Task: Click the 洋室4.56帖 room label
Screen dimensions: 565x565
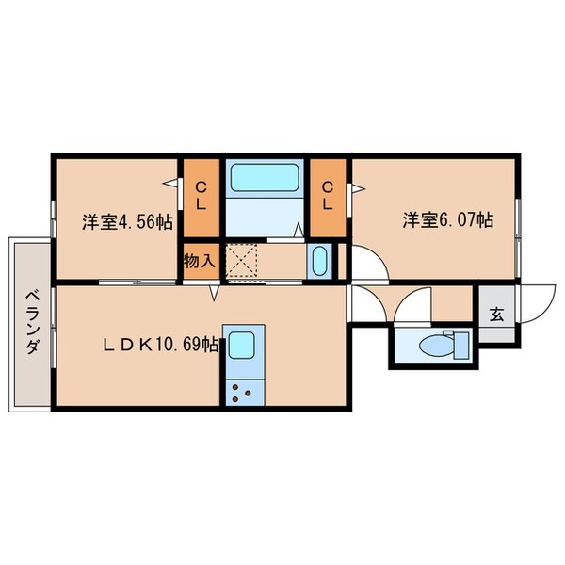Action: pos(127,221)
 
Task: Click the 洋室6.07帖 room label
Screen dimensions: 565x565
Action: pos(448,219)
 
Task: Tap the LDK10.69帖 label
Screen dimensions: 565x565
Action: pos(161,345)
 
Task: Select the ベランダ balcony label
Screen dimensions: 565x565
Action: pos(32,322)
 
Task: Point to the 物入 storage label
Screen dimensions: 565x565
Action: pos(200,261)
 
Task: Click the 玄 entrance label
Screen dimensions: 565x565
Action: pos(496,315)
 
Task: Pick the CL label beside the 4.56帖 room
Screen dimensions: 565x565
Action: pos(201,197)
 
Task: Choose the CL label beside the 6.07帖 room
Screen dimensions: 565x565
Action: pos(327,197)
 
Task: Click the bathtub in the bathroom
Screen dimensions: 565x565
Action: pos(265,178)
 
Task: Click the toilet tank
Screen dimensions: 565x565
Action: pos(460,346)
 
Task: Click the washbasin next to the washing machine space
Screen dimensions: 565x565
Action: pos(319,261)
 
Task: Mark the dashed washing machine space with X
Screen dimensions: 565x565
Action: pos(241,261)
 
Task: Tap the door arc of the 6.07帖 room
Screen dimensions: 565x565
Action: pos(379,254)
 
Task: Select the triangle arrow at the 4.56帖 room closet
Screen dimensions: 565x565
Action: pos(170,183)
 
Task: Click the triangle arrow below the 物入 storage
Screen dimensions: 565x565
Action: pos(215,293)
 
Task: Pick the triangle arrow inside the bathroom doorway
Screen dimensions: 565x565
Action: pos(299,230)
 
